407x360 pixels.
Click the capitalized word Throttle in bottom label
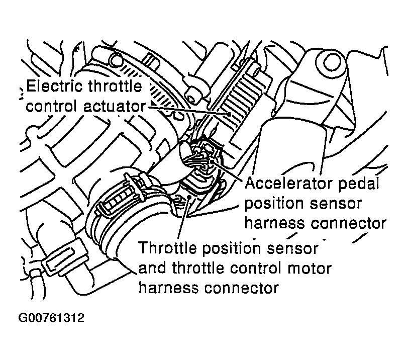coord(168,248)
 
